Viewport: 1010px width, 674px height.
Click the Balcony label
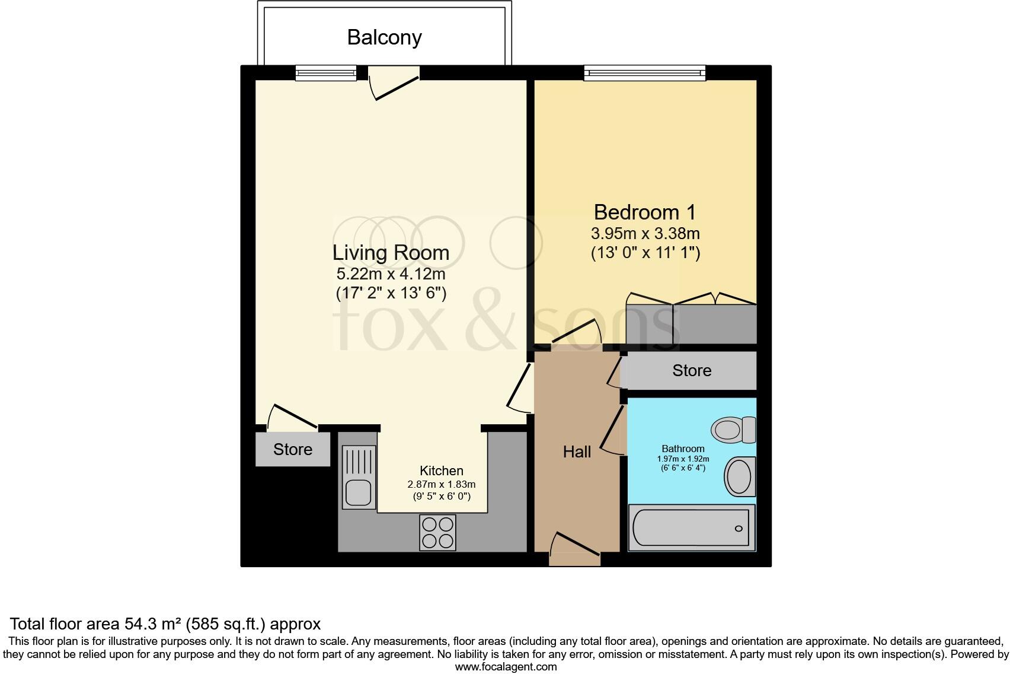pyautogui.click(x=384, y=37)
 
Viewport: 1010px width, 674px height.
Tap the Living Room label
pyautogui.click(x=391, y=253)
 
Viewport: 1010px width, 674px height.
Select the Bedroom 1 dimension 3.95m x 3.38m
pyautogui.click(x=645, y=233)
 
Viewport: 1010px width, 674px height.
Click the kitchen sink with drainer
pyautogui.click(x=359, y=477)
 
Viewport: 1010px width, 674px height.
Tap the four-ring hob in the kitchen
pyautogui.click(x=437, y=532)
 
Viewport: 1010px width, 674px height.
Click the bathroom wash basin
pyautogui.click(x=740, y=476)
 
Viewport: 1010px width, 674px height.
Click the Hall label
pyautogui.click(x=577, y=452)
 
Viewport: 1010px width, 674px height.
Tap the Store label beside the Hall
pyautogui.click(x=692, y=371)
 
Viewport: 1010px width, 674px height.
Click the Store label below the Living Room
pyautogui.click(x=293, y=450)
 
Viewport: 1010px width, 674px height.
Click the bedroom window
pyautogui.click(x=644, y=73)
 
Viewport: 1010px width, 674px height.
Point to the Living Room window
pyautogui.click(x=326, y=72)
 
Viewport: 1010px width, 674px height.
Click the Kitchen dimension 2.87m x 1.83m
pyautogui.click(x=441, y=485)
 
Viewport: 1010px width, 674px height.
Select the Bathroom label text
pyautogui.click(x=683, y=449)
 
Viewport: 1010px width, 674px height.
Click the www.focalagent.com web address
pyautogui.click(x=506, y=666)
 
